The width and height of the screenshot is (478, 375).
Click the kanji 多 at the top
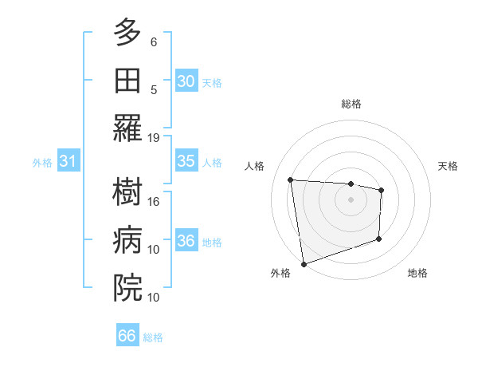127,34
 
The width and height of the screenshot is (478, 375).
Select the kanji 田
127,81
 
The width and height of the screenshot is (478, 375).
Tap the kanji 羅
127,128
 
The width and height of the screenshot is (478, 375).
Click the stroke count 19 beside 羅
154,137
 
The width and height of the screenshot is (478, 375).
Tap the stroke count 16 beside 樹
154,202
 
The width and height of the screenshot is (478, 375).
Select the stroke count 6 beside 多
154,41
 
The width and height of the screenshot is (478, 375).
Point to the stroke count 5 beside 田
154,89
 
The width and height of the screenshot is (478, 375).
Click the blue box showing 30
186,81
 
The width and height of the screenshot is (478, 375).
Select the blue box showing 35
186,161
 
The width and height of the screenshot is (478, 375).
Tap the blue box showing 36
186,241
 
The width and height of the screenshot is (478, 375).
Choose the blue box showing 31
69,161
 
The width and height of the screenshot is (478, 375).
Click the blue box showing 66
127,336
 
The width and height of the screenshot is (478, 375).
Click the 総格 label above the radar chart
351,104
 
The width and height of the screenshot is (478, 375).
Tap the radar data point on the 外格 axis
304,263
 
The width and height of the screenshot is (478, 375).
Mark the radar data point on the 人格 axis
291,180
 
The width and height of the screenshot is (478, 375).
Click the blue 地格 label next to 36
212,242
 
